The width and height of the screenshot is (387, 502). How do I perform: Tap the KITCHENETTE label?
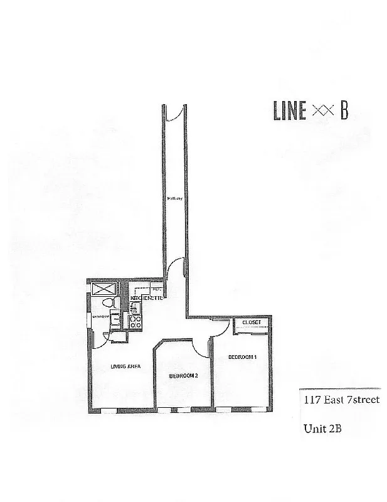[147, 297]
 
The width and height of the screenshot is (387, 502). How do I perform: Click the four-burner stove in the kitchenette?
[135, 323]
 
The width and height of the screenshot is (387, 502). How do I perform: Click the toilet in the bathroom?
[110, 304]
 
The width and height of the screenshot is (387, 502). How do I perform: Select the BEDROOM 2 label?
[183, 375]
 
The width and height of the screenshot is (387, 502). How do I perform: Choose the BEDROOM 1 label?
[241, 356]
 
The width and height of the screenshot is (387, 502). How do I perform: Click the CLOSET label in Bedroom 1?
[251, 323]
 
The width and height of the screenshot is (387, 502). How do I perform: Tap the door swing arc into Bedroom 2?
[202, 346]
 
